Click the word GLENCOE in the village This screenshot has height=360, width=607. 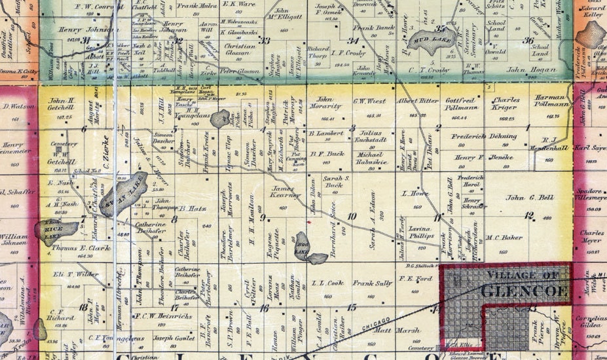click(522, 290)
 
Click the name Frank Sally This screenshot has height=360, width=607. click(373, 283)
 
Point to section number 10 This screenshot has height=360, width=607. click(352, 217)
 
